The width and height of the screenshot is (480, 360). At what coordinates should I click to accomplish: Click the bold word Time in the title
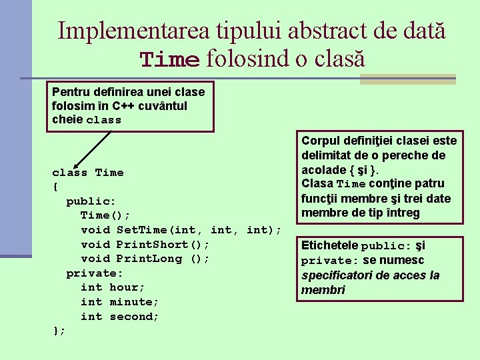(x=169, y=60)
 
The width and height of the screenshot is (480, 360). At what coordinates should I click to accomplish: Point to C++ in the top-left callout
(x=125, y=105)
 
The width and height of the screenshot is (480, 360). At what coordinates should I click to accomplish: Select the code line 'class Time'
(x=88, y=173)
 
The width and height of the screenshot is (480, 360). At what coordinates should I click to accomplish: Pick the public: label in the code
(x=91, y=201)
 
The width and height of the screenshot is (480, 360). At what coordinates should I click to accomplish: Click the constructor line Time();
(x=105, y=215)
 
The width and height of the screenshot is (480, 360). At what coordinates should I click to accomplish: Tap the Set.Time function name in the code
(x=142, y=230)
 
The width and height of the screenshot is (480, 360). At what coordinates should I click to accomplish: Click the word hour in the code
(x=127, y=287)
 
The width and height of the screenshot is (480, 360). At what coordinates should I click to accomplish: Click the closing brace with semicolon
(x=59, y=331)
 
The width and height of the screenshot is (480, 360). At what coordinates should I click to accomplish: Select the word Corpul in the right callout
(x=321, y=141)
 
